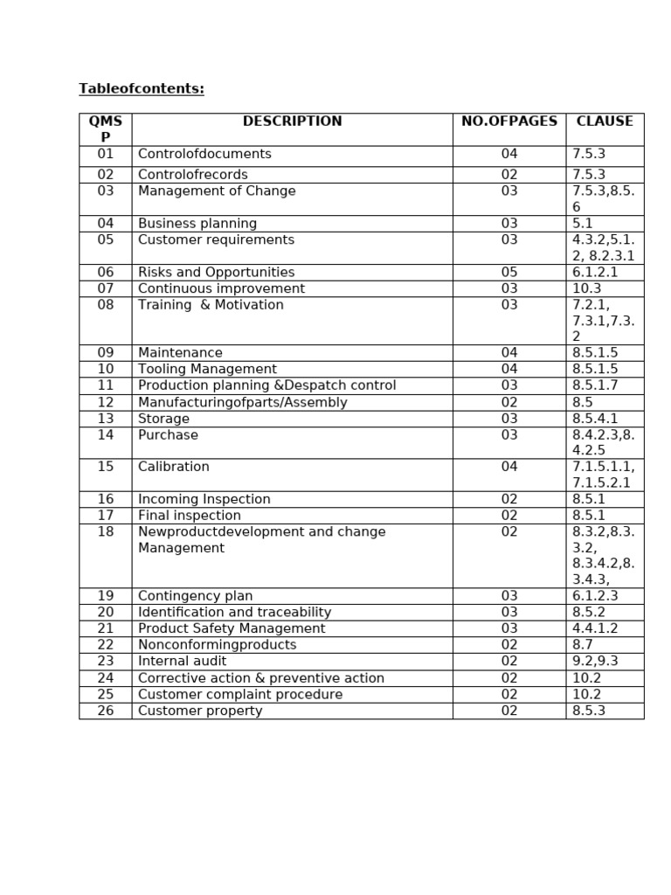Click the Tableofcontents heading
(142, 89)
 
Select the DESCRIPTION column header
(292, 121)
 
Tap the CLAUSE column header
(605, 121)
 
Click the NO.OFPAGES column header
(508, 121)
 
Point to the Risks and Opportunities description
(216, 273)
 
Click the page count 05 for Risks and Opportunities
(509, 273)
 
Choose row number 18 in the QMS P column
(106, 531)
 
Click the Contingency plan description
(195, 596)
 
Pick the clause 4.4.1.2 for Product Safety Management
(595, 628)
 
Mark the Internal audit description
(182, 662)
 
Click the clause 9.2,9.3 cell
(595, 662)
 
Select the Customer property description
(200, 711)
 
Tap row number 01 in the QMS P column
(106, 154)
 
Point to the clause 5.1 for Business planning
(583, 224)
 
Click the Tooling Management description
(207, 370)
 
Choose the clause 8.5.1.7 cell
(595, 385)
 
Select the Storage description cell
(163, 419)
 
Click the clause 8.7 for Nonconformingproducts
(582, 645)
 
